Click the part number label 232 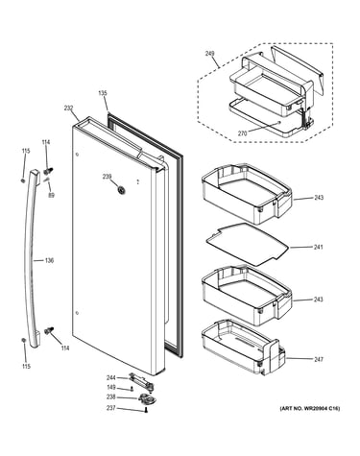(68, 108)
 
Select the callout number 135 (103, 93)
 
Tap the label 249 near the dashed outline (209, 53)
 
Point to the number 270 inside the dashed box (242, 133)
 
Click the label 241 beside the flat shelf (319, 247)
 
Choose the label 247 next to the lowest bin (319, 359)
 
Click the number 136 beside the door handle (49, 260)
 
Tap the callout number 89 (51, 195)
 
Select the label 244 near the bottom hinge (110, 378)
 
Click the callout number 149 (110, 387)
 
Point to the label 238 (110, 397)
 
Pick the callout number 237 (110, 408)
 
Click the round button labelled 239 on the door (121, 190)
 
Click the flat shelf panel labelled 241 (247, 245)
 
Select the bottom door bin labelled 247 (243, 348)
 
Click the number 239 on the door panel (107, 177)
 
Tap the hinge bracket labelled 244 (141, 381)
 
